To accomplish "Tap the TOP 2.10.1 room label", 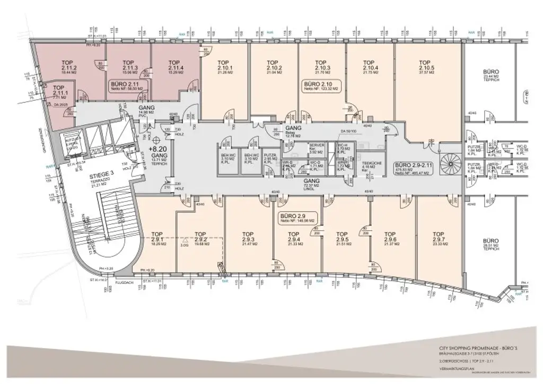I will coord(224,65).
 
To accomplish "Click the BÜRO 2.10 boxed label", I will coord(321,86).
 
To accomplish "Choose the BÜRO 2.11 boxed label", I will coord(126,86).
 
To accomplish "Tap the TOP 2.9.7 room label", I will coord(438,237).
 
